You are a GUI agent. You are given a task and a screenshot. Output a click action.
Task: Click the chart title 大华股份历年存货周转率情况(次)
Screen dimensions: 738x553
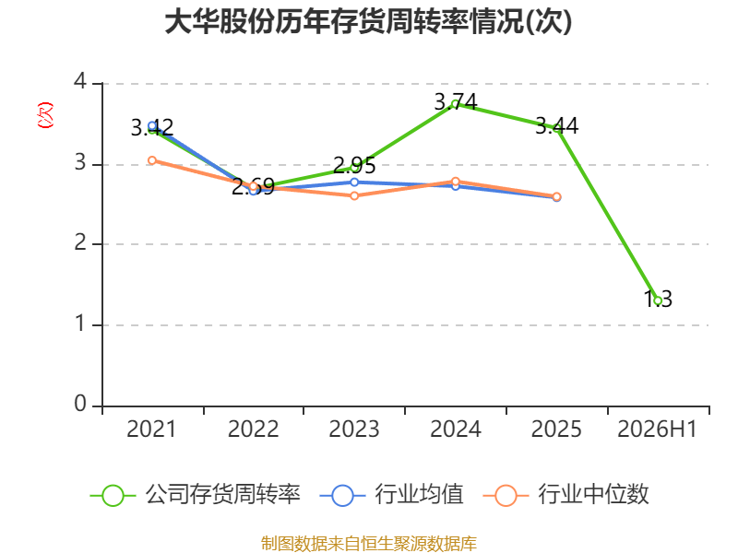[368, 21]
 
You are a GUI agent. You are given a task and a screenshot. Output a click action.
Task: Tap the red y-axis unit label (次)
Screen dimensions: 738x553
[45, 115]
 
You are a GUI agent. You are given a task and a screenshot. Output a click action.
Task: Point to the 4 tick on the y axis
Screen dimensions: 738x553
[80, 82]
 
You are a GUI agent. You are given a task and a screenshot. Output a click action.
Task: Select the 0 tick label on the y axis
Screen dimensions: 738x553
[80, 404]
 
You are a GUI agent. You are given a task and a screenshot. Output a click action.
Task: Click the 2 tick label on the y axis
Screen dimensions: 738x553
[80, 242]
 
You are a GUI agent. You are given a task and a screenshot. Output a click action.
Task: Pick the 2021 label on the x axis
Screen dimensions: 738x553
[151, 429]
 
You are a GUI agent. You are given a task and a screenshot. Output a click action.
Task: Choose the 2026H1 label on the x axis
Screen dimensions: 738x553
[657, 429]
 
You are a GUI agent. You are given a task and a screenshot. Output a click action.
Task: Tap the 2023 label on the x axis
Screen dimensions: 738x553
[354, 429]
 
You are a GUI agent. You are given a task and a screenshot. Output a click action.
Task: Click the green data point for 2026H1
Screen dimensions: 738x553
[658, 301]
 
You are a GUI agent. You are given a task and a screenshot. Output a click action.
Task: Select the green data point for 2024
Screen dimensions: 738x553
[456, 104]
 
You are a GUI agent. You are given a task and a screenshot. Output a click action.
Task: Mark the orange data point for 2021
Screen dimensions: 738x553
[152, 160]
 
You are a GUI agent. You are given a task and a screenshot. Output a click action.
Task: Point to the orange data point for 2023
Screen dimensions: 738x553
[354, 195]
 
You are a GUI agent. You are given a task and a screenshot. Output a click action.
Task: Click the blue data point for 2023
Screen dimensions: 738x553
[354, 182]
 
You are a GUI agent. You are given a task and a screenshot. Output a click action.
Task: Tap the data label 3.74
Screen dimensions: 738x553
[456, 102]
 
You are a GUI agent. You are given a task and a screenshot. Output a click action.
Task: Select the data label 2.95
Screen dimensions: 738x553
[354, 166]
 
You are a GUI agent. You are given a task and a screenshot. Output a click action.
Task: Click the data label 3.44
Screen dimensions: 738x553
[557, 126]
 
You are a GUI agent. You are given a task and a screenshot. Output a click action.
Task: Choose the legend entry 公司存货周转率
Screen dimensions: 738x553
[195, 495]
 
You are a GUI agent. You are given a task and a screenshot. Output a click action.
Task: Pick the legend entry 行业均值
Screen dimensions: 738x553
[391, 495]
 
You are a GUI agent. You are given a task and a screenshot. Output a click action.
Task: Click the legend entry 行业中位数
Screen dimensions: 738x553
[565, 495]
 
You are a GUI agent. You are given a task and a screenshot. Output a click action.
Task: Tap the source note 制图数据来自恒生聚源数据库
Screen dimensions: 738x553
[368, 544]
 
